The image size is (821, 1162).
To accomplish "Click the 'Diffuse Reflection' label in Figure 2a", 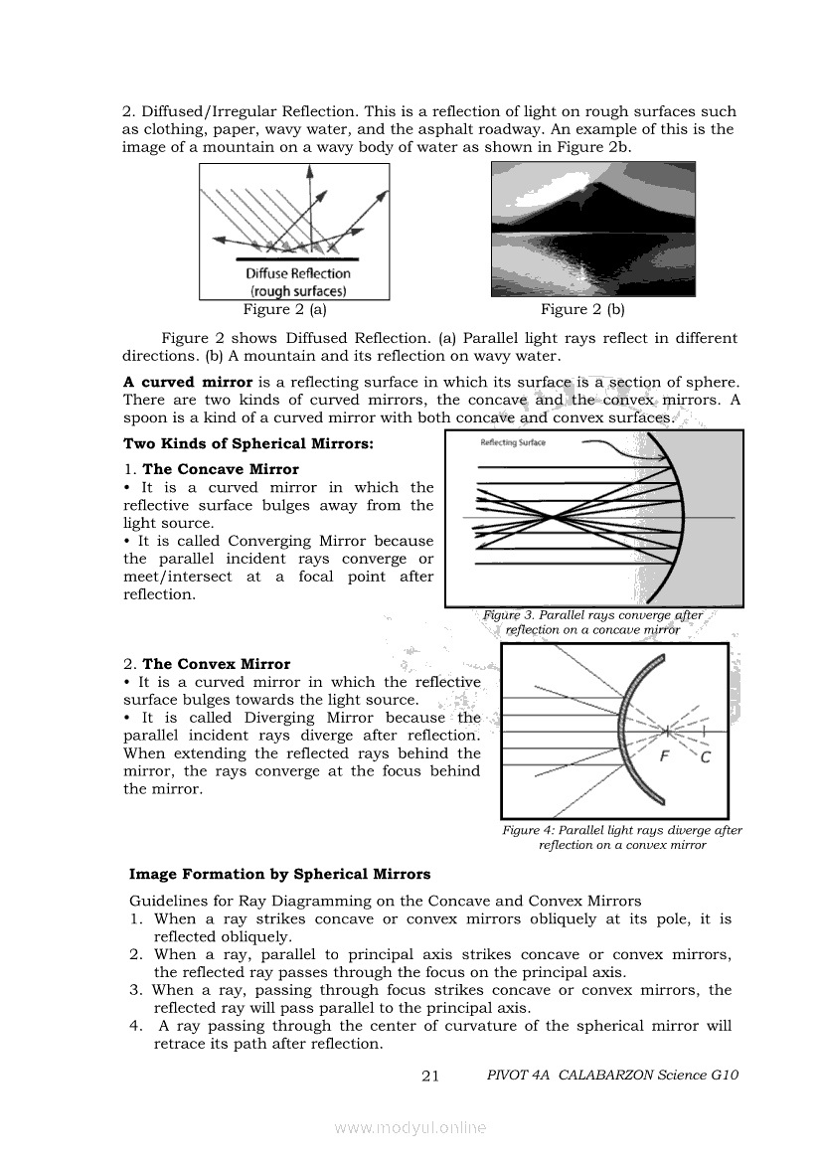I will pyautogui.click(x=298, y=273).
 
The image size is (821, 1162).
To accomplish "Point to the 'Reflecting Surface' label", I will pyautogui.click(x=513, y=442).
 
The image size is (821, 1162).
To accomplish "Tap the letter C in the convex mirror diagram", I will pyautogui.click(x=705, y=758).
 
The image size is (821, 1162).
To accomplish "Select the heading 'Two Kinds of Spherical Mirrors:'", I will pyautogui.click(x=248, y=443).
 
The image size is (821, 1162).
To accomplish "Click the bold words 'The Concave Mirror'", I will pyautogui.click(x=221, y=469).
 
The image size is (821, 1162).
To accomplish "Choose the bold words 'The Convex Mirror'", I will pyautogui.click(x=217, y=664).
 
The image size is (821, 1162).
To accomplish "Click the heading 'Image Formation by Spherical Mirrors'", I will pyautogui.click(x=280, y=875).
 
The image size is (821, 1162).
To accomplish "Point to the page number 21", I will pyautogui.click(x=430, y=1076).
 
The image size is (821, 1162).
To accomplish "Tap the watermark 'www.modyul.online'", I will pyautogui.click(x=410, y=1127).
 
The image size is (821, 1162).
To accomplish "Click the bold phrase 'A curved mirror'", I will pyautogui.click(x=188, y=382).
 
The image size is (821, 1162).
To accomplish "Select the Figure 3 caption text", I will pyautogui.click(x=592, y=622).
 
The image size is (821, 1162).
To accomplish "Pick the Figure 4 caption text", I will pyautogui.click(x=622, y=837).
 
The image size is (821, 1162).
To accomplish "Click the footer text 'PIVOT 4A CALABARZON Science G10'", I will pyautogui.click(x=613, y=1076).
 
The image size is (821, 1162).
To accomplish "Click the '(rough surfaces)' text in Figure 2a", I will pyautogui.click(x=298, y=291).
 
